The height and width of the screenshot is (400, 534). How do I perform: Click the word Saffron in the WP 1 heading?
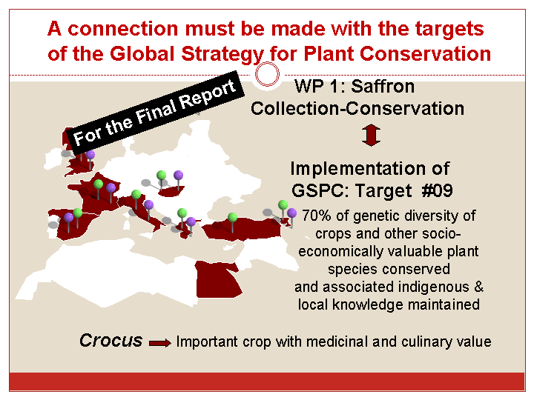(383, 86)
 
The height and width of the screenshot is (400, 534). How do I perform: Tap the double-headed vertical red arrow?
(371, 136)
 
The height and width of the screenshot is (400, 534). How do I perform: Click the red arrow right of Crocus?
(160, 343)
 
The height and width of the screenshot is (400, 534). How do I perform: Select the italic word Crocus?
(111, 341)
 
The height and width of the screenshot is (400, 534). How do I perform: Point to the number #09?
(438, 190)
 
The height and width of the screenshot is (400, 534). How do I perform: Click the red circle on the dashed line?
(267, 75)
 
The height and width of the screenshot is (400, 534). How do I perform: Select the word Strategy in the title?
(222, 54)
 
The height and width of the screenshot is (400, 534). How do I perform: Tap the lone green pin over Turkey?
(233, 222)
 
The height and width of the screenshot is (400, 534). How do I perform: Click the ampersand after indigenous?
(479, 287)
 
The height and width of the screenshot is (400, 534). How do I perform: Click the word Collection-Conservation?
(357, 108)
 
